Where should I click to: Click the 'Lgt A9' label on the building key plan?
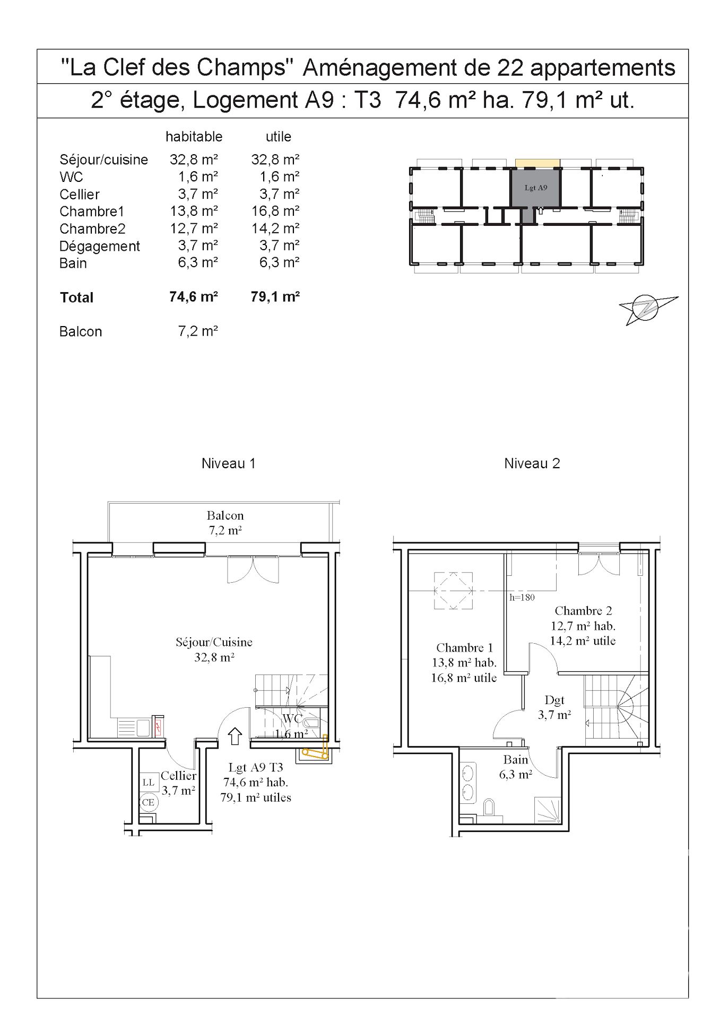[x=535, y=188]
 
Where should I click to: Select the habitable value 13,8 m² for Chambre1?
[x=194, y=211]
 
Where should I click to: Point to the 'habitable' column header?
[x=194, y=136]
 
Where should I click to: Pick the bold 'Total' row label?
[x=76, y=297]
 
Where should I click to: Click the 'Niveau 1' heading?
[x=228, y=463]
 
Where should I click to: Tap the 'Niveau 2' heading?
[x=532, y=463]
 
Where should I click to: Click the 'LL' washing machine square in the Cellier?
[x=149, y=782]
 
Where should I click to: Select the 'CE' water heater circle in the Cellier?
[x=148, y=802]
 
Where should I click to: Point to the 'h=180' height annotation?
[x=522, y=598]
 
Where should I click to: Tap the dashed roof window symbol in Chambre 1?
[x=453, y=591]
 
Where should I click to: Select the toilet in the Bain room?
[x=490, y=808]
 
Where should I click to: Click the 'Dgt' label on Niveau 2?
[x=554, y=700]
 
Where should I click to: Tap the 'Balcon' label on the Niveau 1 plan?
[x=225, y=515]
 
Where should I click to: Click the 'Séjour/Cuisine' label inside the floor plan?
[x=214, y=642]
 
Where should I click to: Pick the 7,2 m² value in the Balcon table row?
[x=198, y=331]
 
